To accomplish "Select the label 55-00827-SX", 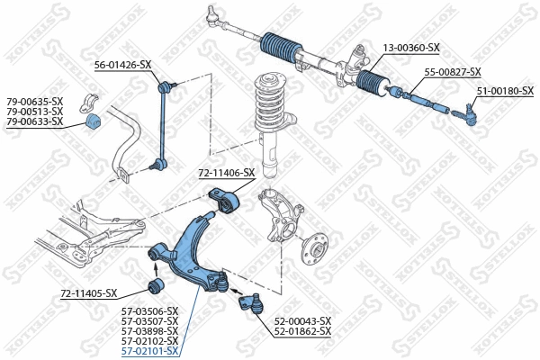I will click(453, 72).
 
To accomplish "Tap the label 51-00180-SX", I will click(505, 91).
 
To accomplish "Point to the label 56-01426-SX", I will click(123, 65).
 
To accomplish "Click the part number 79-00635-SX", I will click(35, 101).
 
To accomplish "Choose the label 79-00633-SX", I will click(35, 121).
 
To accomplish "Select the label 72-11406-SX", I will click(227, 173).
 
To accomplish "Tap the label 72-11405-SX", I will click(89, 293).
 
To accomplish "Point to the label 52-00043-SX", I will click(303, 321).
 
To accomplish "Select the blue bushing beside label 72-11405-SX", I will click(154, 287).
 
